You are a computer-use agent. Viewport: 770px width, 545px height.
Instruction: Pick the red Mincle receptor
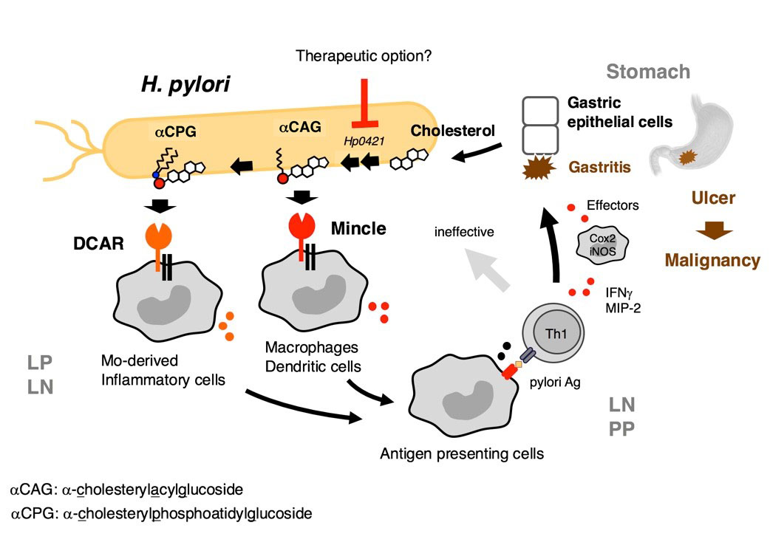[300, 229]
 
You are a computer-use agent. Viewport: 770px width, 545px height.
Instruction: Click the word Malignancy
[711, 260]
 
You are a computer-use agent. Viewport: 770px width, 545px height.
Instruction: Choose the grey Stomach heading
[648, 72]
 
